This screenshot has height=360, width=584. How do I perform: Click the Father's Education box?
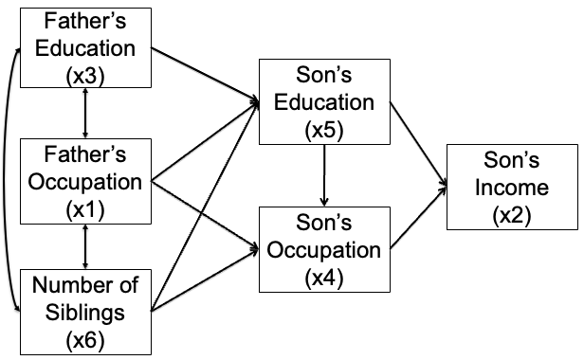point(86,46)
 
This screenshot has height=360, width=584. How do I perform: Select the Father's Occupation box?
point(86,180)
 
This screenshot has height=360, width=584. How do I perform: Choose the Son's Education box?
point(325,102)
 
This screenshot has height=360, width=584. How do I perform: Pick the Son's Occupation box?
point(325,250)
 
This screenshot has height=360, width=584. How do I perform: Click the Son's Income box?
point(512,187)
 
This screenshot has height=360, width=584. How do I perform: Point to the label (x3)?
point(86,75)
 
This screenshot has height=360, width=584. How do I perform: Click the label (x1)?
point(86,207)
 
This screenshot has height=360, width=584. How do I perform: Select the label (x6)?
point(86,336)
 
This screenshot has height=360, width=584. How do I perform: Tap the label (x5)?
point(325,130)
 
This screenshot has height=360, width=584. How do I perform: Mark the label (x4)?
point(325,279)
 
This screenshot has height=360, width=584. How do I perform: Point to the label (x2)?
point(512,215)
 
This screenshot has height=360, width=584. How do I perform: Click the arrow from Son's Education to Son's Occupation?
point(325,176)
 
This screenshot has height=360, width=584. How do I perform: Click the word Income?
point(512,187)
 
